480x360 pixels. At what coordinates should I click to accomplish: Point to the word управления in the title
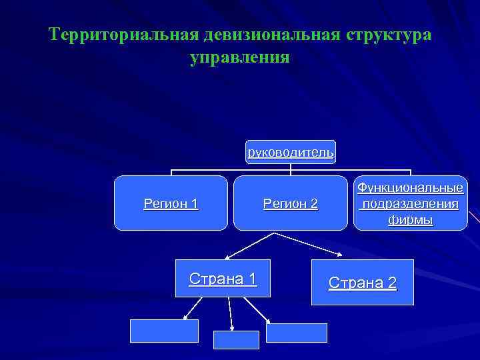click(x=239, y=58)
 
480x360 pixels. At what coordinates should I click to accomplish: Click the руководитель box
click(x=291, y=152)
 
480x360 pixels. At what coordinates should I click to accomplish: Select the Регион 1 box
click(x=171, y=203)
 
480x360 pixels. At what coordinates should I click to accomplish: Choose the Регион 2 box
click(x=291, y=203)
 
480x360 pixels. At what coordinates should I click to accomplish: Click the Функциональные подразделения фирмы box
click(x=410, y=203)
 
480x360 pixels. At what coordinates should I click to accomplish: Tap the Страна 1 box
click(x=223, y=278)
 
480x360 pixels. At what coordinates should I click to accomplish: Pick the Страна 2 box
click(x=363, y=283)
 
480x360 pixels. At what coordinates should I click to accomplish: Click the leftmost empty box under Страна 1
click(x=164, y=331)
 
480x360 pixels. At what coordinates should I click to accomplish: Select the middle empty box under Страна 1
click(x=235, y=339)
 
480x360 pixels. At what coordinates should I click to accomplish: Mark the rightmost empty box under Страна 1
click(x=297, y=333)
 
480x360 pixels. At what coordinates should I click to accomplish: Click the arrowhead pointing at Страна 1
click(x=226, y=256)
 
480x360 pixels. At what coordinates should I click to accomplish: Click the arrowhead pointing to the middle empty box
click(x=233, y=327)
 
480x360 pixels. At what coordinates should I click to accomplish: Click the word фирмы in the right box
click(x=411, y=219)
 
